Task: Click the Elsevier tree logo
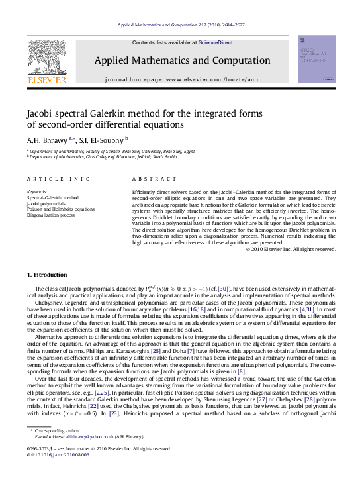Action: [46, 58]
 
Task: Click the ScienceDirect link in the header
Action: [216, 42]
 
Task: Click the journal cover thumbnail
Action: [316, 60]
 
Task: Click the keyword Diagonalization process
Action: [50, 215]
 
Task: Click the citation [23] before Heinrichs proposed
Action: [113, 414]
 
